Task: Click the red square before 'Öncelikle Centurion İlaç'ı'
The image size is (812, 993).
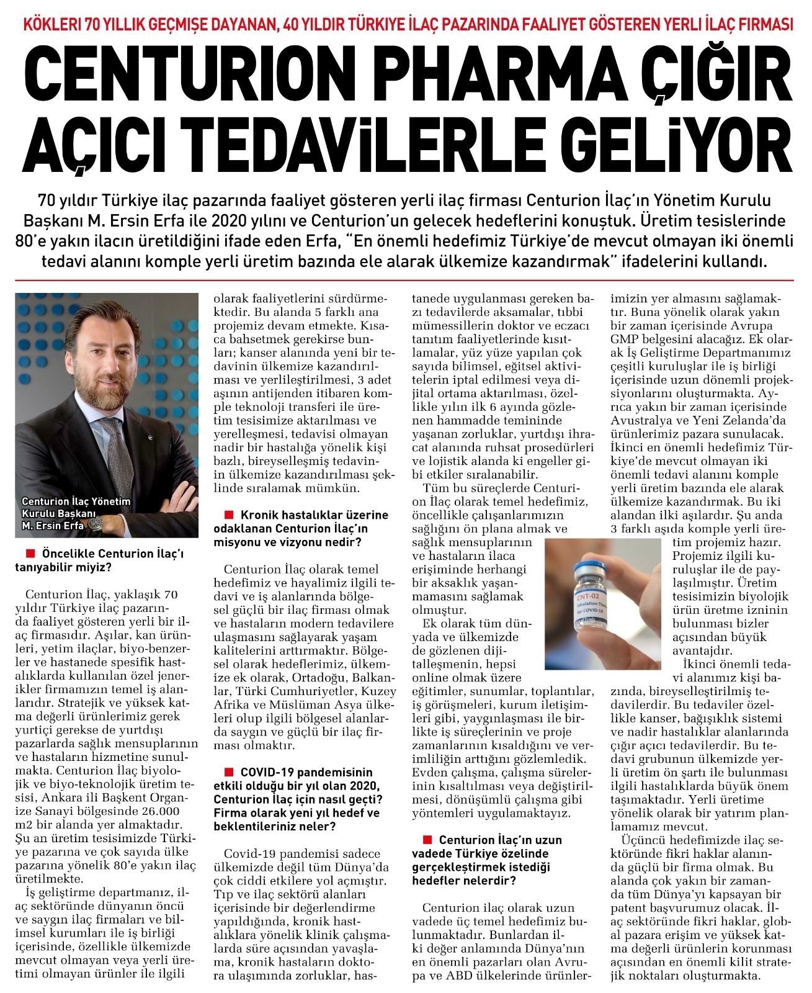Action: [x=29, y=552]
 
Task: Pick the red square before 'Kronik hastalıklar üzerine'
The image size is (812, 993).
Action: [x=228, y=514]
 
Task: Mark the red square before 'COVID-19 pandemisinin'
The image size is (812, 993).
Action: [x=228, y=771]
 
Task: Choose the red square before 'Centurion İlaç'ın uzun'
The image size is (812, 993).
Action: [x=426, y=840]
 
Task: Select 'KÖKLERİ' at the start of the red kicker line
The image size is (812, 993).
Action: [x=50, y=24]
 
